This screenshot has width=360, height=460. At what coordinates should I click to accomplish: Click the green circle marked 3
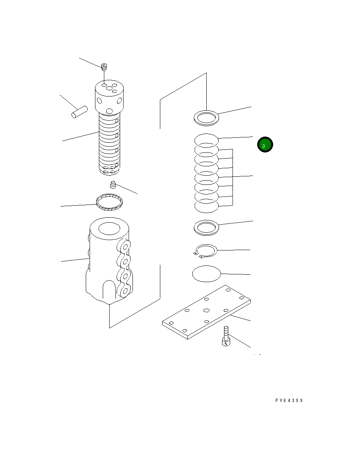[265, 145]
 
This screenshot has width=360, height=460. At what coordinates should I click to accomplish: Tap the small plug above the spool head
[104, 68]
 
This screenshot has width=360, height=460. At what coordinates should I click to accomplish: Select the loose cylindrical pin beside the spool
[80, 112]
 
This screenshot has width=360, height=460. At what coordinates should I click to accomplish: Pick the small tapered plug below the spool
[114, 184]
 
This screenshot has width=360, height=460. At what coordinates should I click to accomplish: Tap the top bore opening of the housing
[110, 229]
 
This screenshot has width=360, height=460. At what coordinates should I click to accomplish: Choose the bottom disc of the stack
[206, 207]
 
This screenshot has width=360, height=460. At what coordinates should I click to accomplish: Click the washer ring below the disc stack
[206, 227]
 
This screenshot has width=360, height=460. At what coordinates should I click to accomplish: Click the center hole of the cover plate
[206, 310]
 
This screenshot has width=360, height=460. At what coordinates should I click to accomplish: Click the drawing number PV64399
[289, 401]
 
